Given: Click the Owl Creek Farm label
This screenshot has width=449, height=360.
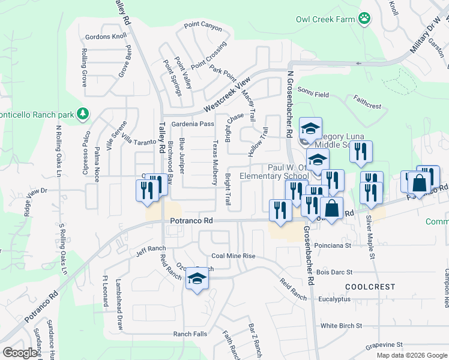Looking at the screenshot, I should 325,19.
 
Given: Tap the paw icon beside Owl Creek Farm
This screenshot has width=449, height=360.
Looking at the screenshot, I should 365,19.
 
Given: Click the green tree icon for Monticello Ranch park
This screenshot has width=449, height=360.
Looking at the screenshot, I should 83,113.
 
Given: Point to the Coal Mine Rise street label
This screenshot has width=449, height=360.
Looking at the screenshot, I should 233,256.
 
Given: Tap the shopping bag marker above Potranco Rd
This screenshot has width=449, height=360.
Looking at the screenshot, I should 331,210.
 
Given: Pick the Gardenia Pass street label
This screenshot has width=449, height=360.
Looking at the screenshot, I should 193,124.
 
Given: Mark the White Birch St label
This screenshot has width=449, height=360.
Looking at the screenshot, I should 341,326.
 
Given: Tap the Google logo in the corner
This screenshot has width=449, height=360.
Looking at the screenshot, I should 20,353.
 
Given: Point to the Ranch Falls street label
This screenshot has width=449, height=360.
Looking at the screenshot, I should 190,334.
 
